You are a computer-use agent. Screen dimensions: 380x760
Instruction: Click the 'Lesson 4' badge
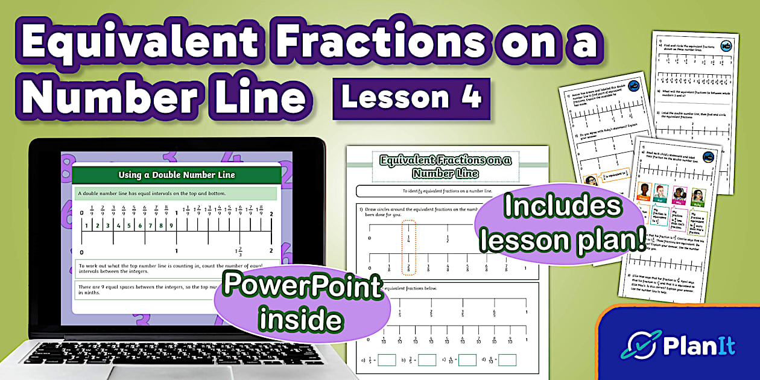411,97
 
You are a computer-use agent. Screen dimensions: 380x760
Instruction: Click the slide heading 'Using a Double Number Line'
176,176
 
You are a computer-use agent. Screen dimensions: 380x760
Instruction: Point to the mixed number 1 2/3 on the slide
239,252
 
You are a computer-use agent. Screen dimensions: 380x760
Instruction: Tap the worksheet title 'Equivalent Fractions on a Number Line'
445,166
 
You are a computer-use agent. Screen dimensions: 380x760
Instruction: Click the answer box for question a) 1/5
387,360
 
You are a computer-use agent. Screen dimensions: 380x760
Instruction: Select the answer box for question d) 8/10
507,360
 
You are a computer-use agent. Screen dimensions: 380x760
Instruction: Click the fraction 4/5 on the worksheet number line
494,314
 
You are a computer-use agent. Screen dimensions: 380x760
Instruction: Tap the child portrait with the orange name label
643,194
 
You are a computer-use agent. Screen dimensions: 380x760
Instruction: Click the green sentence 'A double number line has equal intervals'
176,193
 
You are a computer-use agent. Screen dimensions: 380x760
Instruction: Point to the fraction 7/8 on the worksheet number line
505,268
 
